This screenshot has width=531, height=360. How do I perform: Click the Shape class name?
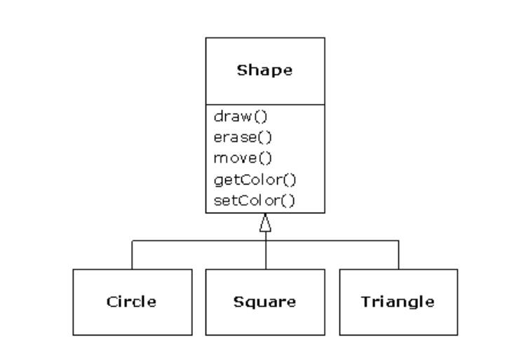coord(264,71)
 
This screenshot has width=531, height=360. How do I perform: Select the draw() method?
coord(241,116)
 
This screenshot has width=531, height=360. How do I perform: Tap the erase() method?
coord(243,138)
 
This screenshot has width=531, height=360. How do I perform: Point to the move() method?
coord(243,158)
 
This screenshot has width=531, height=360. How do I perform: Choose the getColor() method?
coord(255,180)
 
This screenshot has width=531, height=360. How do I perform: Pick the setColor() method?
coord(255,201)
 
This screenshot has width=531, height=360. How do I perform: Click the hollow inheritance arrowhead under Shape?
coord(265,223)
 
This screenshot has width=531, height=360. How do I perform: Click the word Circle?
coord(131,302)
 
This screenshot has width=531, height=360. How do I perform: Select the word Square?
coord(264,302)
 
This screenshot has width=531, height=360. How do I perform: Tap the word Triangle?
coord(398,302)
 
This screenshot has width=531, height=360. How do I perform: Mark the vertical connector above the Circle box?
coord(132,255)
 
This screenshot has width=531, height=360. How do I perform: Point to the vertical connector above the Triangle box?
coord(398,255)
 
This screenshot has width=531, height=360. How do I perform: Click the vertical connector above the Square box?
coord(266,251)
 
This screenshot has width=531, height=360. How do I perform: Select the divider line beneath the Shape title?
coord(265,105)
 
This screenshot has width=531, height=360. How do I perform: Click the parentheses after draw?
coord(261,116)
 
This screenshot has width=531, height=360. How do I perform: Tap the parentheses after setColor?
coord(288,201)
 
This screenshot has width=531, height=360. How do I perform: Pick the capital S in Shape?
coord(242,70)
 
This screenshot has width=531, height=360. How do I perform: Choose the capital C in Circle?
coord(112,302)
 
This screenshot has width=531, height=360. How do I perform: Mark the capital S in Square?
coord(238,302)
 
